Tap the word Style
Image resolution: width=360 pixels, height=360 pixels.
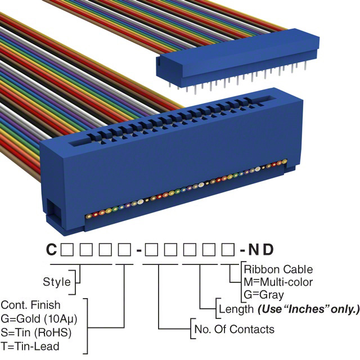57,281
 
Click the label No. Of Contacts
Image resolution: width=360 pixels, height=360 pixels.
233,329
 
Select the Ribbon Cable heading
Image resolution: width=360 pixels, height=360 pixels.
279,269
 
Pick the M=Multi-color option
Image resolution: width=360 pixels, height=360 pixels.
279,282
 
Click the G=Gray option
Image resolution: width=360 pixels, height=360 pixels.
265,295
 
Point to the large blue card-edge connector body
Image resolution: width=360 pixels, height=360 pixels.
169,169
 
